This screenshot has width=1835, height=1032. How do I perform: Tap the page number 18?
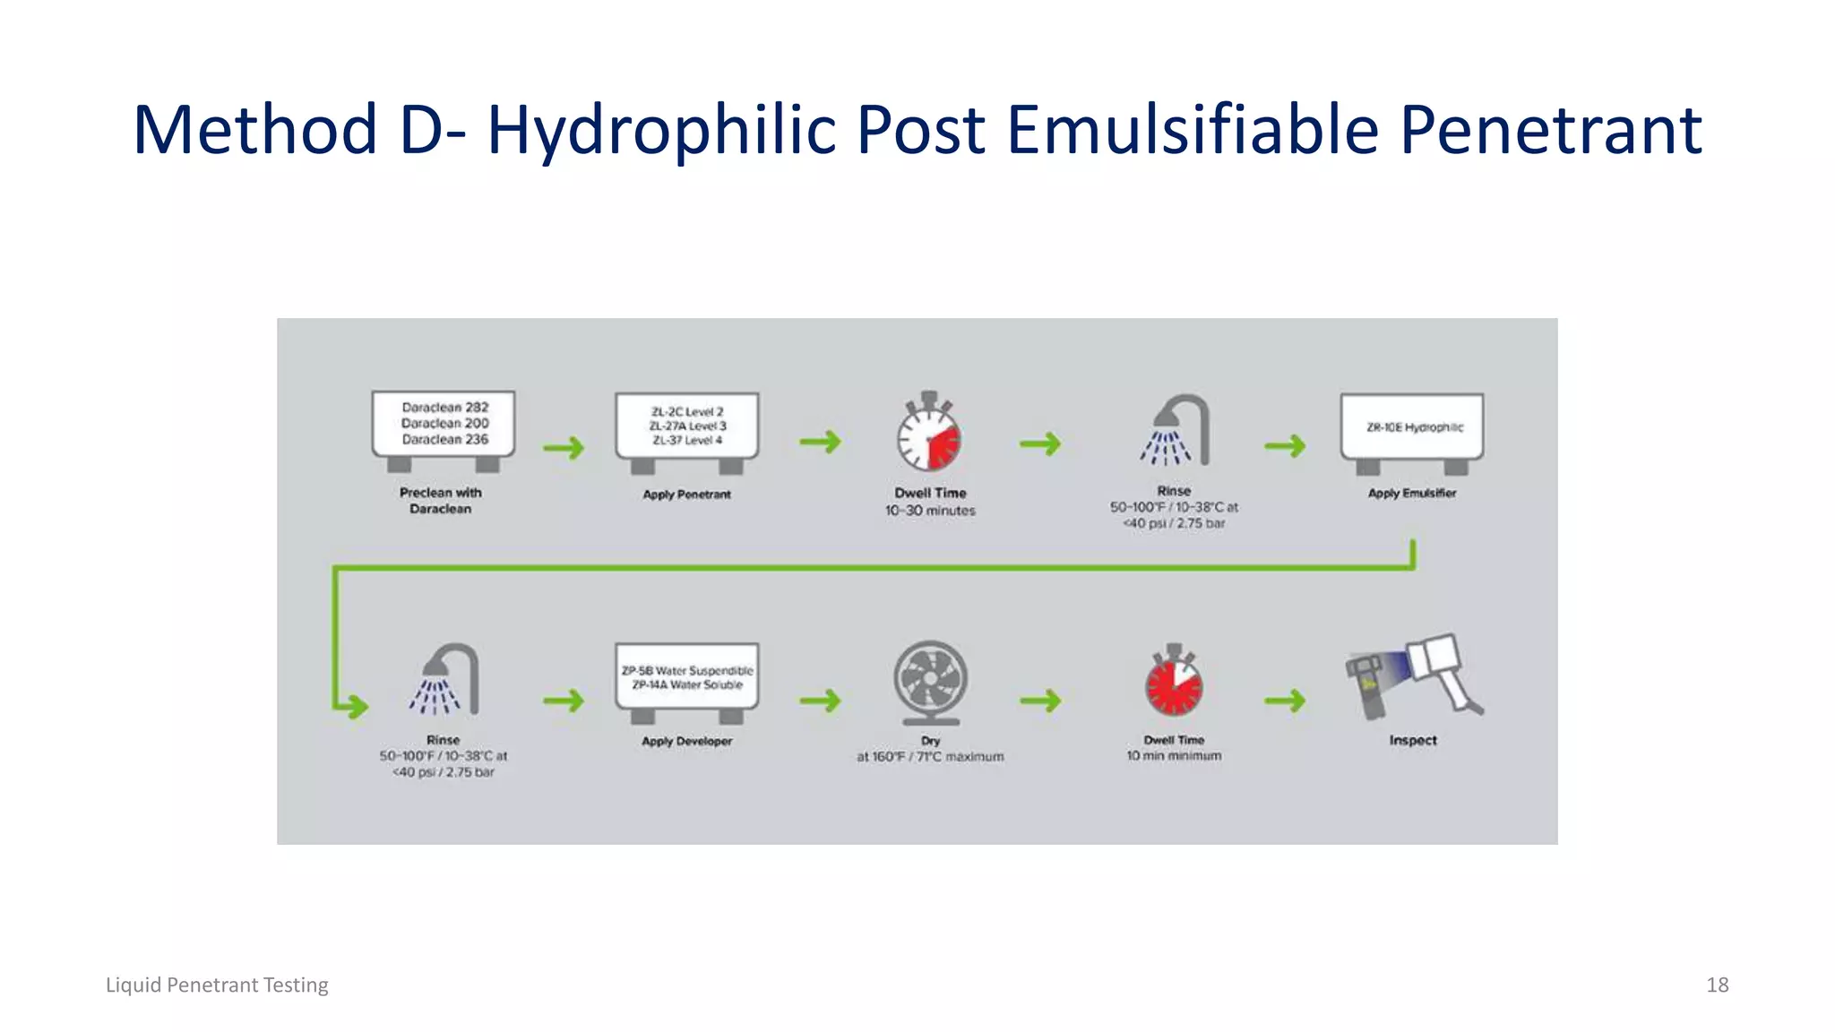(x=1717, y=985)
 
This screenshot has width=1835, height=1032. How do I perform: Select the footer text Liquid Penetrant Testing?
(x=217, y=985)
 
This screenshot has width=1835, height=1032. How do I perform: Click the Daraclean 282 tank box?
(x=444, y=424)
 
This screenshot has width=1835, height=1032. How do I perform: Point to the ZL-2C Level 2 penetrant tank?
(x=687, y=426)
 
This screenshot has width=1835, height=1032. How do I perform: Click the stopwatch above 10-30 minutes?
(x=929, y=433)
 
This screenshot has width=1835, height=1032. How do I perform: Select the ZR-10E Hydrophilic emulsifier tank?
(x=1412, y=427)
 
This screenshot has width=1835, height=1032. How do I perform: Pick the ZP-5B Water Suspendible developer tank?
(x=687, y=678)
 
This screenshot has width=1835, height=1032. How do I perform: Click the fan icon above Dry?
(x=930, y=681)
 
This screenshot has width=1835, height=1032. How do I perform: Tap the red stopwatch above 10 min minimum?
(x=1174, y=682)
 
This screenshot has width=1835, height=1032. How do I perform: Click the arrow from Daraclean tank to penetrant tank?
(x=564, y=447)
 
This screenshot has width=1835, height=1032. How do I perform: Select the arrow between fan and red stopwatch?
(x=1040, y=700)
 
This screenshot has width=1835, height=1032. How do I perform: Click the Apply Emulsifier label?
(x=1412, y=494)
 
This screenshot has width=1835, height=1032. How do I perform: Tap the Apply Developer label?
(x=687, y=741)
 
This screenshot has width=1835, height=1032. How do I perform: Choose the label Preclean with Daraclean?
(x=441, y=501)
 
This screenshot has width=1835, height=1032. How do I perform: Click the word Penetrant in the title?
(x=1550, y=131)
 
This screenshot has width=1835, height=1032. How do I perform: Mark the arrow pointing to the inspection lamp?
(x=1285, y=700)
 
